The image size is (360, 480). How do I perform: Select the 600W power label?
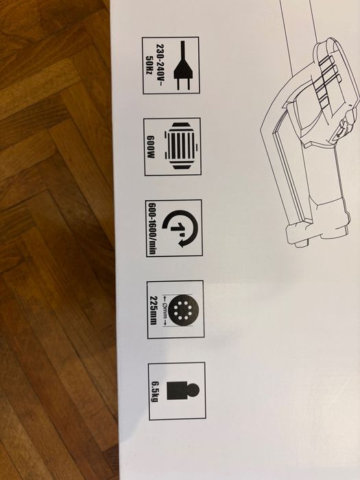(156, 147)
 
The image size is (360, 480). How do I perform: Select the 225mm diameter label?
(156, 309)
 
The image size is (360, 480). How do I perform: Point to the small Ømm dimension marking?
(168, 309)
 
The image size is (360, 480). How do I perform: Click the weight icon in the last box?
(183, 390)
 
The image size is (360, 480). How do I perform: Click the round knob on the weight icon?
(194, 390)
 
